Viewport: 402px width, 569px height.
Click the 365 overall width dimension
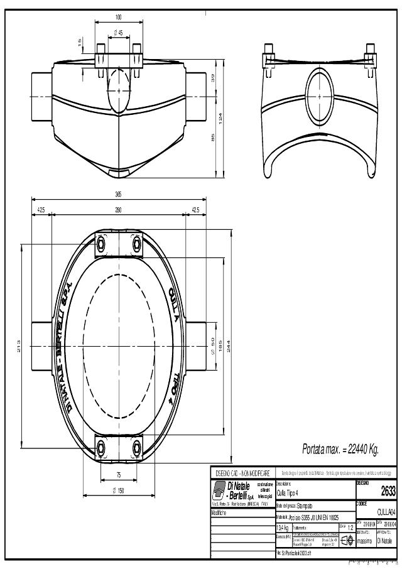click(118, 194)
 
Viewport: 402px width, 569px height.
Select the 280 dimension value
click(118, 209)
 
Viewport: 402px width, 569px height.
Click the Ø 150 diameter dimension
click(118, 490)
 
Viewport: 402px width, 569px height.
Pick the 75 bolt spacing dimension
click(118, 475)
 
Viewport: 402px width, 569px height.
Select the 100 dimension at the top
click(118, 16)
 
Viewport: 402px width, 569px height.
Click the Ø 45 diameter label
click(118, 31)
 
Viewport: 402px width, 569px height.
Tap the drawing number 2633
click(388, 492)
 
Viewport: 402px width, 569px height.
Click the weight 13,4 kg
click(283, 528)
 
